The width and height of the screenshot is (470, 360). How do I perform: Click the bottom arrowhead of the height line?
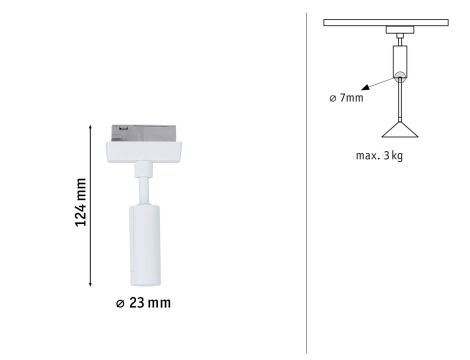pos(92,283)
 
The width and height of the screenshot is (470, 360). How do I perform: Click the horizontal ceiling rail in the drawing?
pos(399,22)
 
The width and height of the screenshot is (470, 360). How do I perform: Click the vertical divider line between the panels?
pos(306,180)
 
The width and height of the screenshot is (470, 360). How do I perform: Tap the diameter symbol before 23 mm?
pos(121,303)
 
